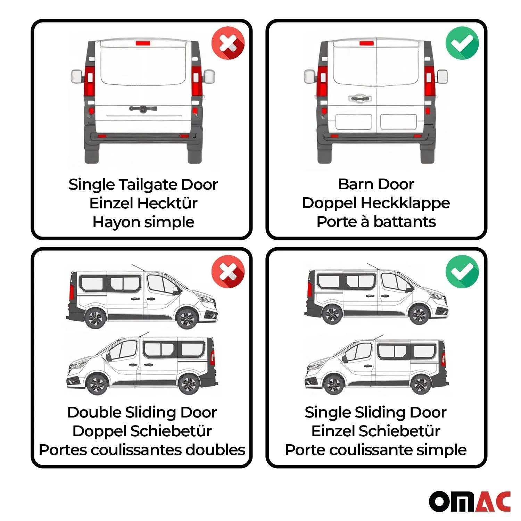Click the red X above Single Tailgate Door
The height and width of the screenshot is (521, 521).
tap(228, 43)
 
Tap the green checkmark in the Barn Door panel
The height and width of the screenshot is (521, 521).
tap(462, 43)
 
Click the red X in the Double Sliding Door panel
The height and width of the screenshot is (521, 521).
tap(228, 271)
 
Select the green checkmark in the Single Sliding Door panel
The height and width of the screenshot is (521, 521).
tap(462, 271)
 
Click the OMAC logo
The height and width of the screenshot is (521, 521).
tap(470, 501)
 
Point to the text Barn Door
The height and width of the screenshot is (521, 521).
tap(376, 184)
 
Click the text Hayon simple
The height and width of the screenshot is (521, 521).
tap(143, 222)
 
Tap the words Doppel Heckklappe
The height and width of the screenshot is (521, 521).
tap(376, 203)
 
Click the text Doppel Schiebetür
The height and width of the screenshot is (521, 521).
tap(142, 431)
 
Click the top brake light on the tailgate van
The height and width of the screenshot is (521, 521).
tap(143, 43)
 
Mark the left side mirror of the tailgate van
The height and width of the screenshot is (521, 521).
tap(77, 76)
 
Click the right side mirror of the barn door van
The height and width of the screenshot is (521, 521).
tap(442, 76)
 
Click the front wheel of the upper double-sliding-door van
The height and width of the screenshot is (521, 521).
tap(187, 318)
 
